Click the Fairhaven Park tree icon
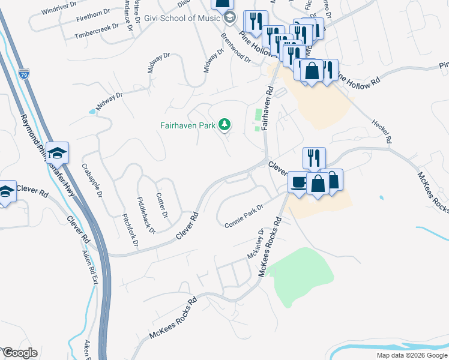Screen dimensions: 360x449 [224, 125]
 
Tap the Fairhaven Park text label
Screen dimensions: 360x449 [187, 126]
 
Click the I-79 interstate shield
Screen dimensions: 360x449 [23, 75]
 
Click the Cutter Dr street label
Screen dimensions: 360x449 [161, 205]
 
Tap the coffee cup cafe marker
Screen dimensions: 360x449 [298, 181]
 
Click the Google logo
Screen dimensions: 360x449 [20, 353]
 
